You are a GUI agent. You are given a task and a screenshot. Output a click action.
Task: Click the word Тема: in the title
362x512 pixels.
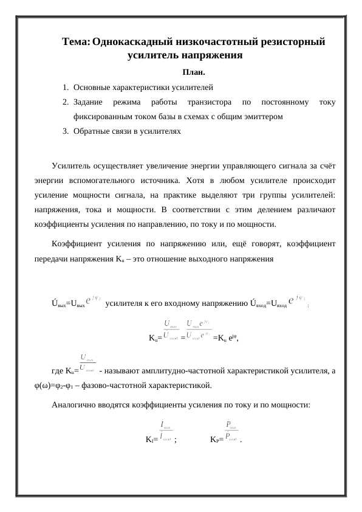(x=76, y=42)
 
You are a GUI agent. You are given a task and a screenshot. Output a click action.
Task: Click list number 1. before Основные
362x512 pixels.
(x=65, y=88)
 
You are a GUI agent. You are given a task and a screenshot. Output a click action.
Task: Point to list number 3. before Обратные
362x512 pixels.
(x=65, y=131)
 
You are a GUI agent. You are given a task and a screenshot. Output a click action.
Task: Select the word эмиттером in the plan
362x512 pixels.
(x=264, y=116)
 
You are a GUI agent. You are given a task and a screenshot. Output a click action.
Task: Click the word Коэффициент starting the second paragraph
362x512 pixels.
(x=76, y=244)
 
